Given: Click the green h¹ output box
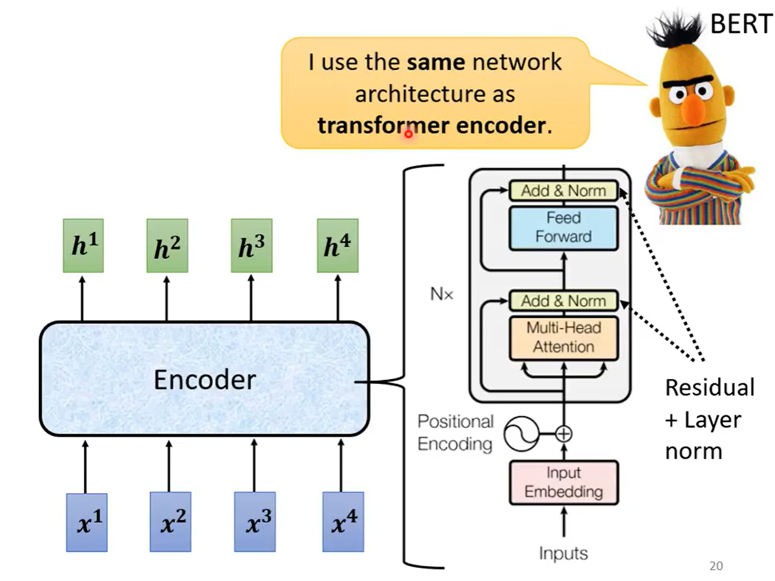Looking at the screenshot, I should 83,246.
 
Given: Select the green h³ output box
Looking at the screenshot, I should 251,246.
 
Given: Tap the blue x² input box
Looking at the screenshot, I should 170,521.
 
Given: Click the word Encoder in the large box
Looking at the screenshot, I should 204,380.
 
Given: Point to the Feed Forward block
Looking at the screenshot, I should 563,227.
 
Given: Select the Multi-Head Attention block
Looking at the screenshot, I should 563,338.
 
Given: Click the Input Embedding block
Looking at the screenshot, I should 563,482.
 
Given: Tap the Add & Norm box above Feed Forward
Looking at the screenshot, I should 563,191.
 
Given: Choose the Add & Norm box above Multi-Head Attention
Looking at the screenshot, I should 563,301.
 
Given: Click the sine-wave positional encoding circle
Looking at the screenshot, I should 522,434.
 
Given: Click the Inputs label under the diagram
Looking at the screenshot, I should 563,553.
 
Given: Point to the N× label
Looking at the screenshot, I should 441,294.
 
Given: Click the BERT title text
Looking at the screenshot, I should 741,24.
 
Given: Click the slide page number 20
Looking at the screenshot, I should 716,566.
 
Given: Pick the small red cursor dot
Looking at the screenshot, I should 408,133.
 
